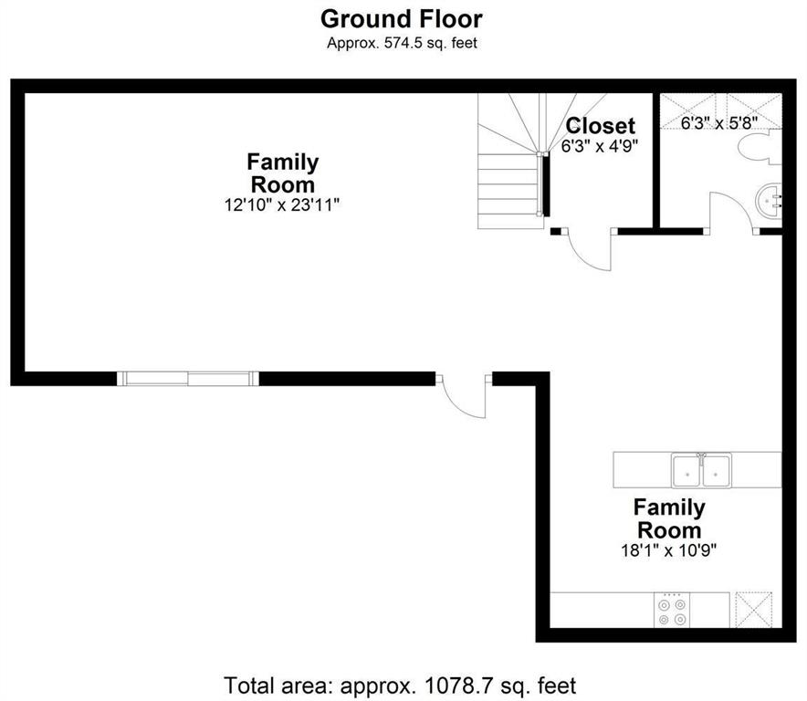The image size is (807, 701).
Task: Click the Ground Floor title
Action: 402,19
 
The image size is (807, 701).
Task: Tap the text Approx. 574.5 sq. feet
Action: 402,43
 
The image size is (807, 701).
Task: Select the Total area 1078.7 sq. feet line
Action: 401,685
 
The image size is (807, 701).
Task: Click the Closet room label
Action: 600,126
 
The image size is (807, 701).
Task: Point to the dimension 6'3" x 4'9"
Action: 600,147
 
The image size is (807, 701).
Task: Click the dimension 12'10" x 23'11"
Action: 282,205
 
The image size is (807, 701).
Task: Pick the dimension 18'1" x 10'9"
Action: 668,550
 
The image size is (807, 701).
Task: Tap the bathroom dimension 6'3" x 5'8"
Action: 719,123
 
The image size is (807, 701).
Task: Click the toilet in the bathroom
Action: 760,147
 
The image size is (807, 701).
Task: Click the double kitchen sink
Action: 701,471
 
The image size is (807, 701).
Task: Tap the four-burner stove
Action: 672,610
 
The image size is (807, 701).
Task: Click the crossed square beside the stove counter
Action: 754,610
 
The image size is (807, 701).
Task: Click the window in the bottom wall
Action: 188,379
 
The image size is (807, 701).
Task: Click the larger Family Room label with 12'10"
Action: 283,173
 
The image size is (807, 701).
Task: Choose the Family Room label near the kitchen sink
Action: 669,518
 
